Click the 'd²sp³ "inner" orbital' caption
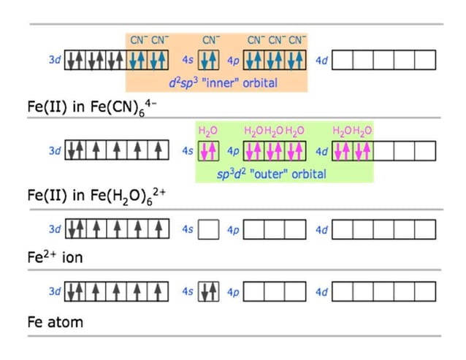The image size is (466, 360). coord(224,83)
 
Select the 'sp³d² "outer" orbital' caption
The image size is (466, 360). coord(271,174)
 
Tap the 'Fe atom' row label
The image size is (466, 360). coord(56,322)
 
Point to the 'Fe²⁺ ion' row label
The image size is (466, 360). coord(55,256)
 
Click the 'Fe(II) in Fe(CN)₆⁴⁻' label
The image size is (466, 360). coord(92,107)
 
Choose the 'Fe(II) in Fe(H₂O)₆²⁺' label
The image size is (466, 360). coord(96,196)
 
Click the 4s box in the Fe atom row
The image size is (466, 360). coord(209,291)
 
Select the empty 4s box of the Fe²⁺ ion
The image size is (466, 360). coord(209,229)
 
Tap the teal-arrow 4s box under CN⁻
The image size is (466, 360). coord(209,60)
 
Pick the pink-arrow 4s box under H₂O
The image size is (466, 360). coord(209,151)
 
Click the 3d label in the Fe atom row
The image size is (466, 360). coord(55,291)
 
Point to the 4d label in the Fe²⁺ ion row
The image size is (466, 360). coord(321,229)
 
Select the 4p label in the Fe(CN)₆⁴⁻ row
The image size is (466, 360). coord(233,61)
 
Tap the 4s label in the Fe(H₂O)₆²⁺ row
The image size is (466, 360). coord(188,150)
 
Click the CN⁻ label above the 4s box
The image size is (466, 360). coord(211,40)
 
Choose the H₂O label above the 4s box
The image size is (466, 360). coord(208,131)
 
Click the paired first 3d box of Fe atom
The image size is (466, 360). coord(75,291)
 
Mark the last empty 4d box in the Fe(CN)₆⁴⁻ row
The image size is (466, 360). coord(425,60)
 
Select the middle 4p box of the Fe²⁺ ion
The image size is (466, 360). coord(275,229)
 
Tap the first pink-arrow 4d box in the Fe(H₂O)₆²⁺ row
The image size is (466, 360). coord(343,151)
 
